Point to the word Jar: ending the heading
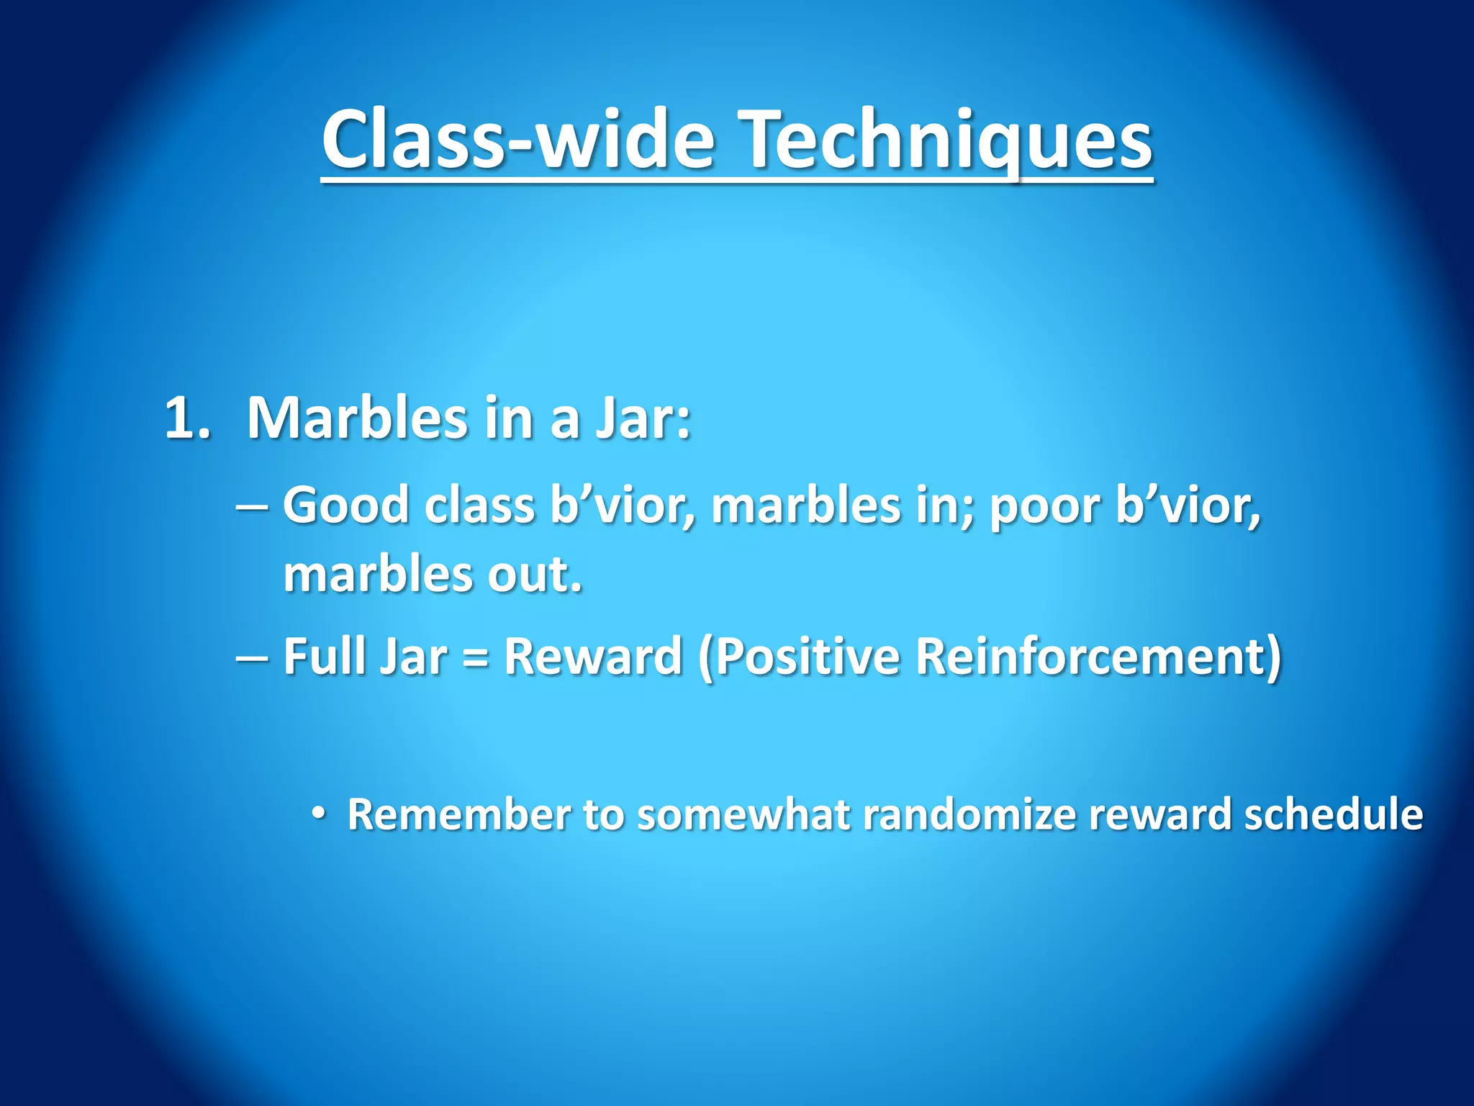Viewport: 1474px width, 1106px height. coord(643,419)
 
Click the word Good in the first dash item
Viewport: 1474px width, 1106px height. coord(346,505)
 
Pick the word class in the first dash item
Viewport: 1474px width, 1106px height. coord(479,505)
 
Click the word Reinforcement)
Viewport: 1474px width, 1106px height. coord(1098,656)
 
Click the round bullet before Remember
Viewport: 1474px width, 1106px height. coord(319,814)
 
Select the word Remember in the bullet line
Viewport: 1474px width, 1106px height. coord(459,814)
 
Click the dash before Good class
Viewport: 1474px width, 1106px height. coord(252,506)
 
